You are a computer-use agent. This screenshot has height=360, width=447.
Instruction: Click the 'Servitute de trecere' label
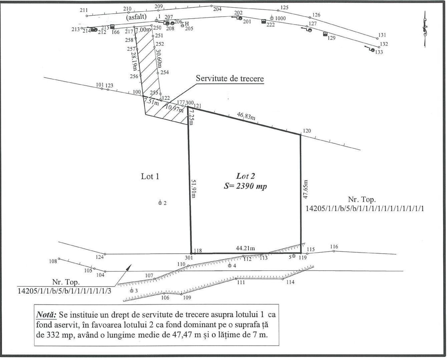230,79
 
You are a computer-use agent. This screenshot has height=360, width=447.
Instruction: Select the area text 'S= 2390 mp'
245,186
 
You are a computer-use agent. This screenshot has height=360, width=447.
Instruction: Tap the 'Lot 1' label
150,176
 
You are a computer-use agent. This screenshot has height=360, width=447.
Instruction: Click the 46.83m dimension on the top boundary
246,116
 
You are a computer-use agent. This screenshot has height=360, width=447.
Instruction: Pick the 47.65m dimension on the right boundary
305,190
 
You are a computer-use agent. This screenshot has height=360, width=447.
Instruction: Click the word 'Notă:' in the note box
46,315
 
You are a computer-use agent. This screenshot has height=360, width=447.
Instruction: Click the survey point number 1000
280,18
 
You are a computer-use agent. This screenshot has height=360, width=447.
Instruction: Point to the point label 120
307,131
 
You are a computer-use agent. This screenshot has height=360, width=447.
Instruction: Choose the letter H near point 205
187,24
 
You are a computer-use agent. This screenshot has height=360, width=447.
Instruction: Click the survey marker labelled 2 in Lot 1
160,203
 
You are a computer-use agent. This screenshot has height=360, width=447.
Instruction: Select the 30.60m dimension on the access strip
159,57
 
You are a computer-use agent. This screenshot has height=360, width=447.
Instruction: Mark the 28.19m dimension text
134,60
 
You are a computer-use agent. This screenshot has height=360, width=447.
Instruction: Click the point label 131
382,35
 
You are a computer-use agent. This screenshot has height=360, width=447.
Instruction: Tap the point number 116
334,247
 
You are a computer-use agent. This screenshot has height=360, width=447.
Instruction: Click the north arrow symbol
425,29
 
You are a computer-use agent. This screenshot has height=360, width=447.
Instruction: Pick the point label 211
84,10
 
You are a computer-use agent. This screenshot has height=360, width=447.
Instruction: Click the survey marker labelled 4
230,266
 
